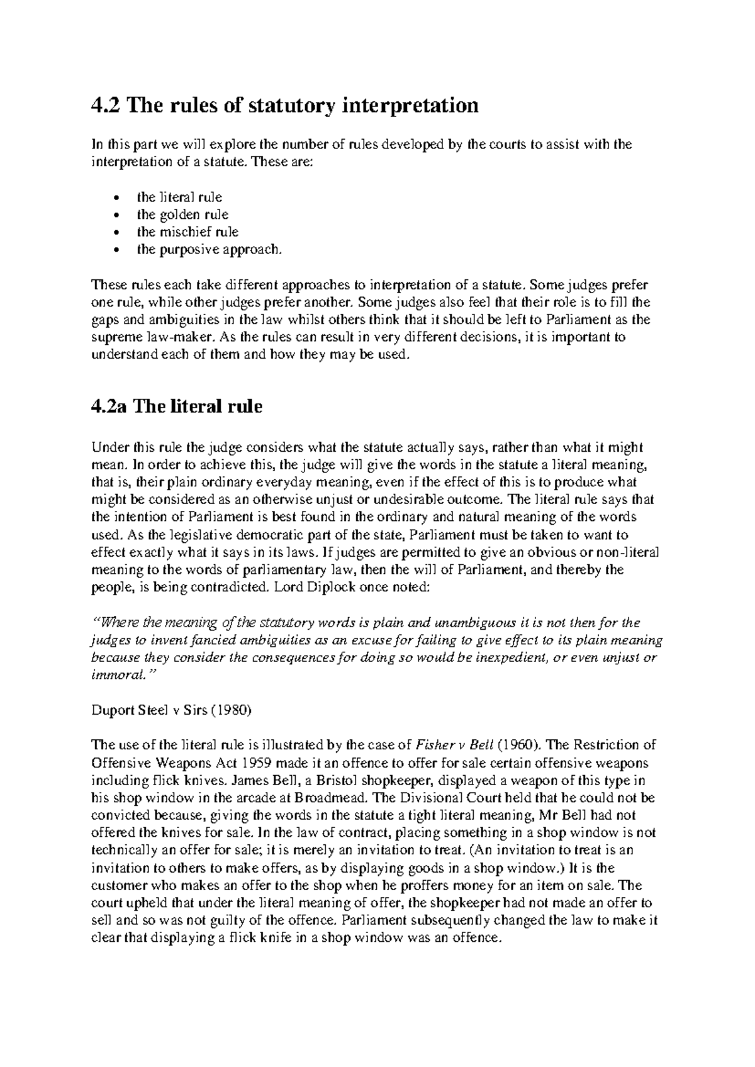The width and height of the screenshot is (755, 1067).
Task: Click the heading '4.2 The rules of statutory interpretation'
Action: [284, 105]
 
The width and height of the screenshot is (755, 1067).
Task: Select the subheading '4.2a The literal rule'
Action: [177, 406]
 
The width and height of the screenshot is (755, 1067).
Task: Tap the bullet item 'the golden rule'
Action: [182, 215]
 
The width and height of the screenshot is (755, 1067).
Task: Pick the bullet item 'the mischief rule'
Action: [187, 232]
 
